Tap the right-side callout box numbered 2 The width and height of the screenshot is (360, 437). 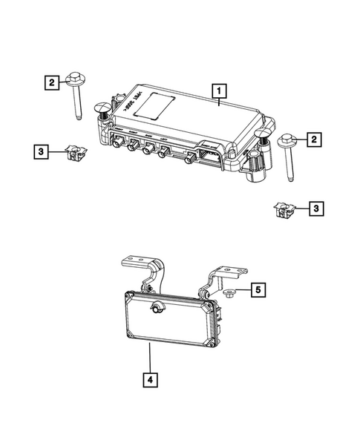coord(315,139)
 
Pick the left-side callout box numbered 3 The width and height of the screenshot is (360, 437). coord(42,153)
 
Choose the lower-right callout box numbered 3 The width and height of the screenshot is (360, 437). coord(317,210)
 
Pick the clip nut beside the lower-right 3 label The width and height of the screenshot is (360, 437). coord(283,210)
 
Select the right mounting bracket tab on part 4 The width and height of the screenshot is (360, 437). coord(223,275)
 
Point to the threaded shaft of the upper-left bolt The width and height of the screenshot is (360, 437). coord(76,103)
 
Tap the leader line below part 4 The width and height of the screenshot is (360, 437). coord(151,359)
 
